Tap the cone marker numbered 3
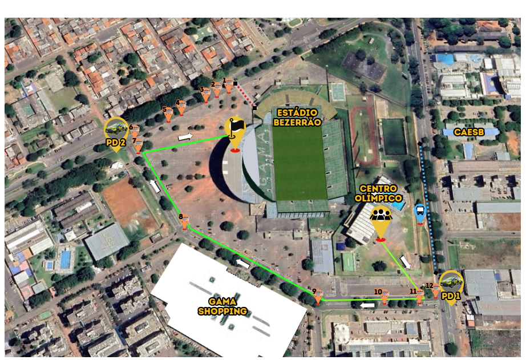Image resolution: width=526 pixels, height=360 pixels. [205, 95]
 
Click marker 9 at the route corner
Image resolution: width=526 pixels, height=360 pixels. [318, 296]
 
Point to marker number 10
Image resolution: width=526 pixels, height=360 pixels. [384, 296]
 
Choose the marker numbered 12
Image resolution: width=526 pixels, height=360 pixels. [435, 290]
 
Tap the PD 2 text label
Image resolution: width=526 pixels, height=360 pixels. [115, 143]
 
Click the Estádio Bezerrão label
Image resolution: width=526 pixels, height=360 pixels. [297, 117]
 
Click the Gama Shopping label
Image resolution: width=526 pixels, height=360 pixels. [222, 306]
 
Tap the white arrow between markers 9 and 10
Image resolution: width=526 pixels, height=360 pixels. [367, 305]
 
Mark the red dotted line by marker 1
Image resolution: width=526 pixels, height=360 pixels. [245, 96]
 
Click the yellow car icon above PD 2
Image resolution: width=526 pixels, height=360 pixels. [116, 128]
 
